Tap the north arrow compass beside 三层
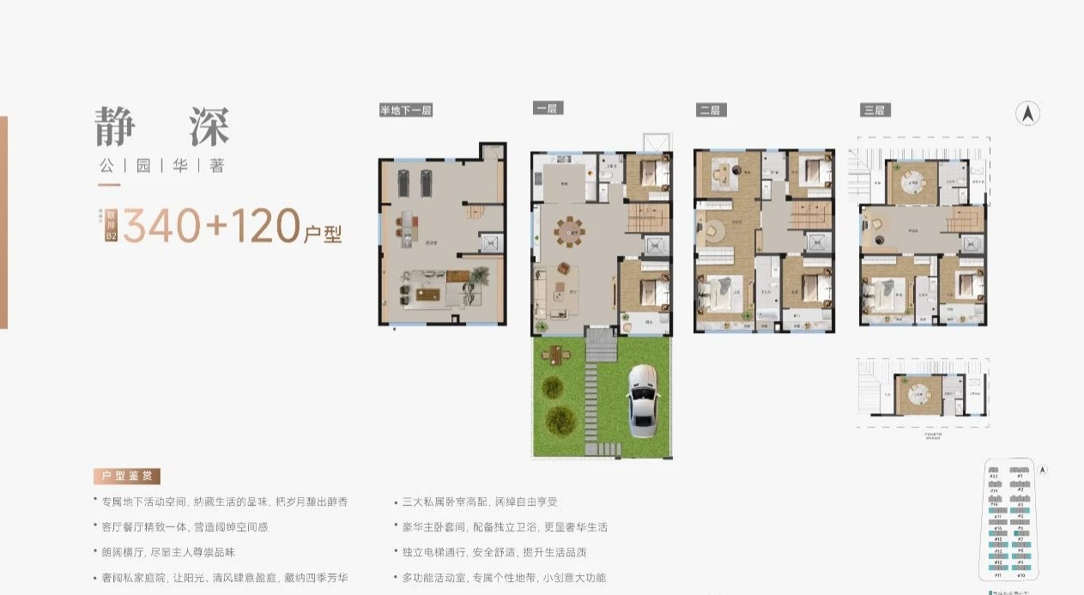click(1028, 114)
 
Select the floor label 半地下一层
click(406, 110)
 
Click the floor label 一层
click(546, 108)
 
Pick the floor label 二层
click(711, 110)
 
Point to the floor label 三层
click(875, 110)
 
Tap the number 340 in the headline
click(161, 226)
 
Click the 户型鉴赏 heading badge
click(127, 477)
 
